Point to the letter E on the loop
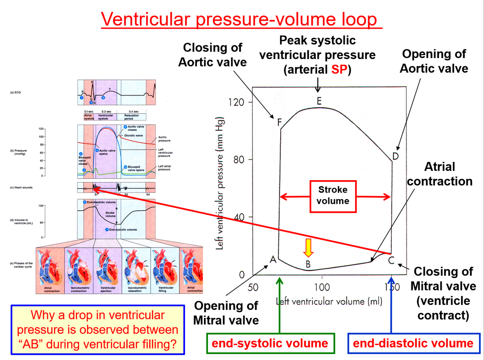click(319, 101)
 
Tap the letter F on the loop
click(279, 122)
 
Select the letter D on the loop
click(395, 156)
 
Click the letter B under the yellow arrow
click(308, 264)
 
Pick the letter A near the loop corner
click(273, 259)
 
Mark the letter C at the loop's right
click(391, 260)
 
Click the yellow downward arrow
click(308, 248)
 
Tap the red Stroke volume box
click(333, 196)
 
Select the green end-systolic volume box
click(270, 343)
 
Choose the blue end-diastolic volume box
click(413, 343)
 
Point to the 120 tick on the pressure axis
click(237, 102)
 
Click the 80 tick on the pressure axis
click(239, 160)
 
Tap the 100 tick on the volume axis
click(322, 287)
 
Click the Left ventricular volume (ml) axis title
click(329, 302)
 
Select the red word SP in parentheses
click(339, 69)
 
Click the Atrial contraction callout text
click(440, 174)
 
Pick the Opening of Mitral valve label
click(226, 313)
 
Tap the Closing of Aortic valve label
click(213, 55)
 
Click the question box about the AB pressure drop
click(98, 330)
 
